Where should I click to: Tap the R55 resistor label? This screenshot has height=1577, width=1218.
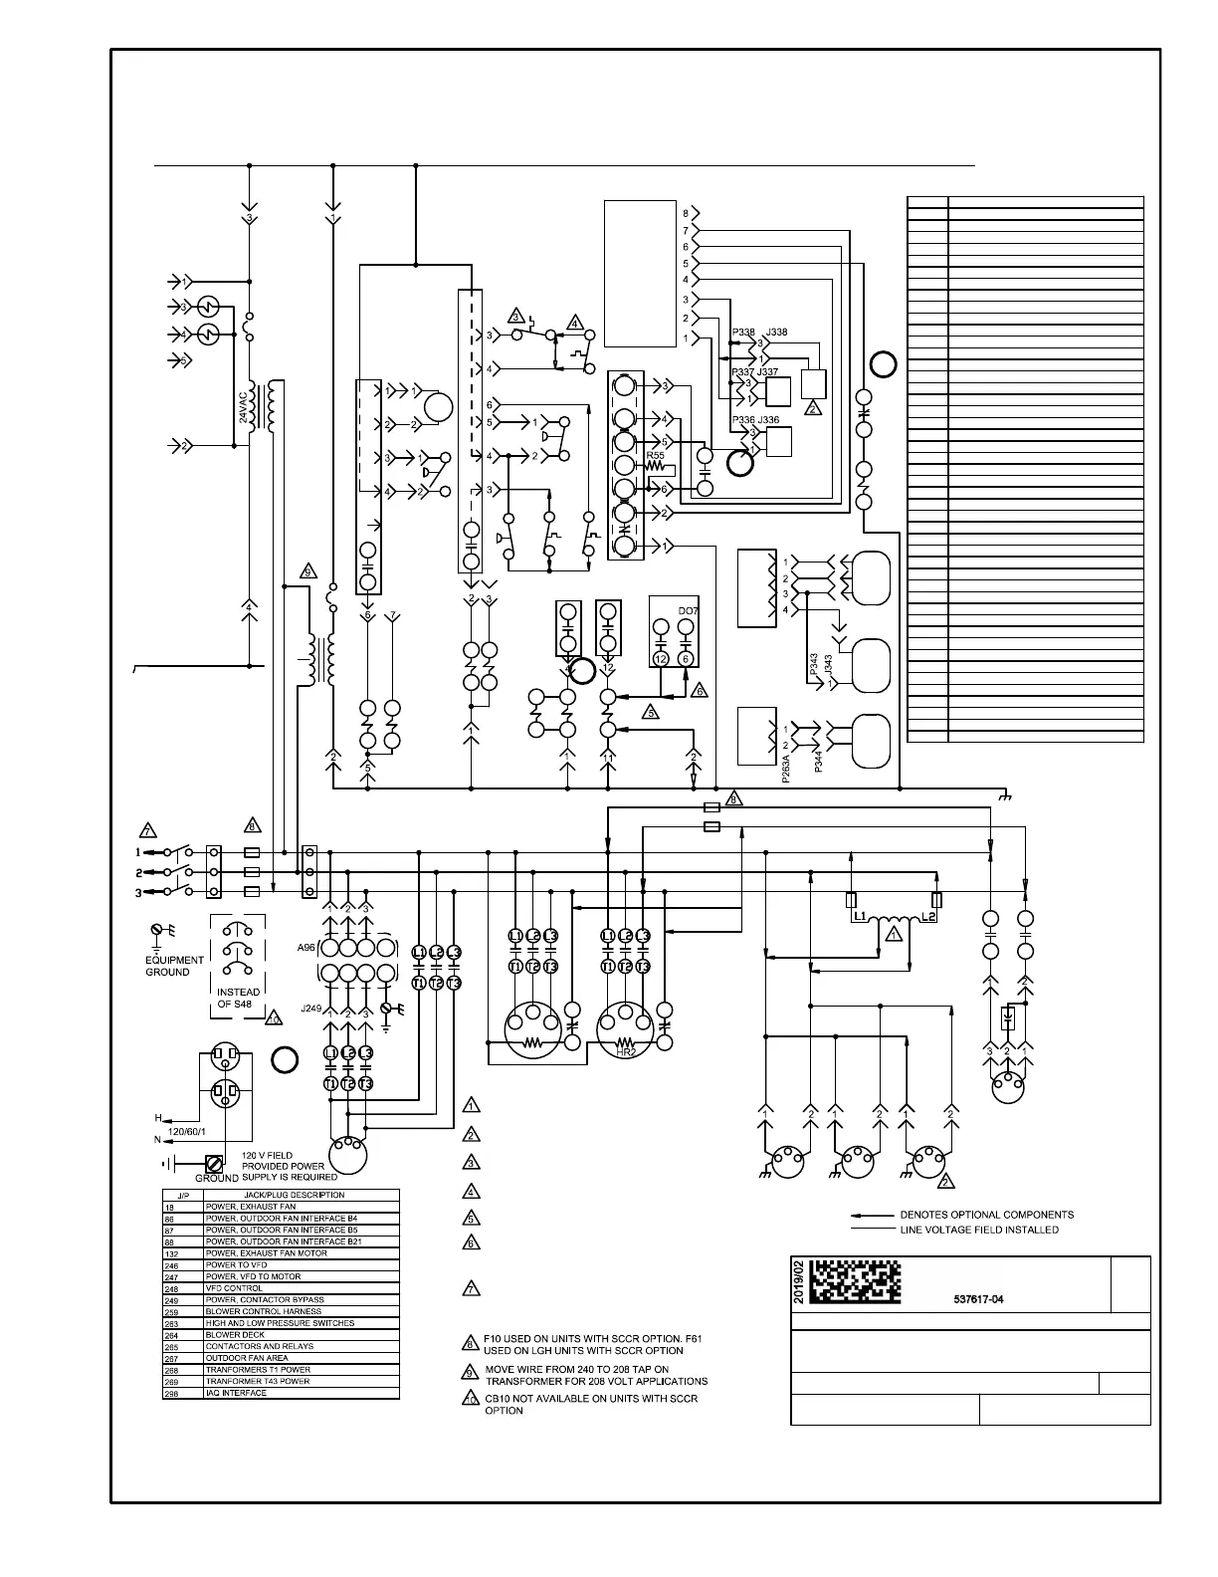655,455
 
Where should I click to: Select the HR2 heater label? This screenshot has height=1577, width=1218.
626,1052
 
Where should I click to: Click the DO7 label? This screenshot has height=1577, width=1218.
688,610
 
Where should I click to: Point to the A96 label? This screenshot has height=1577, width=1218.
306,949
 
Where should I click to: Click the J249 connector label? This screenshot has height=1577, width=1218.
311,1009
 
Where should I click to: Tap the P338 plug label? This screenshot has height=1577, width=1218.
742,333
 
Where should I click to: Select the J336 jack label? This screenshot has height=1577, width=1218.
769,420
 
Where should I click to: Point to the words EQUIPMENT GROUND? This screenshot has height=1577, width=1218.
174,966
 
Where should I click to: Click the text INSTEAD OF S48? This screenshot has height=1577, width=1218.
238,998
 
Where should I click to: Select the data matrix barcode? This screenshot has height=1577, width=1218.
853,1283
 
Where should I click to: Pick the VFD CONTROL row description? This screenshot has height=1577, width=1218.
235,1288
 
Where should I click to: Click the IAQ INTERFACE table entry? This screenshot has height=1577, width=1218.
236,1393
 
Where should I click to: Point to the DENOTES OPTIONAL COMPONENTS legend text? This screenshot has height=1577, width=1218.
986,1215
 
